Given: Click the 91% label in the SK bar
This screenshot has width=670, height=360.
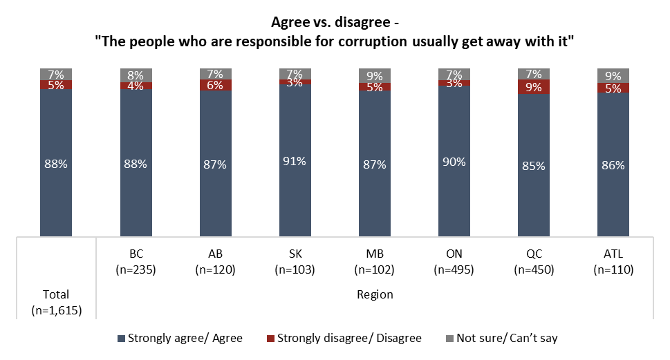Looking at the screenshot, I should (295, 161).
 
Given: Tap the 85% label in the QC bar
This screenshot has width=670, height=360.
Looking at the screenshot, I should (534, 166).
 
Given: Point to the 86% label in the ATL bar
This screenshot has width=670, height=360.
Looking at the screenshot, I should (613, 165).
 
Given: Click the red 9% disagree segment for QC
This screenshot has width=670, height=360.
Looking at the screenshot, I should (534, 87).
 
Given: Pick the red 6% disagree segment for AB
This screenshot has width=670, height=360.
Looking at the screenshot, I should (215, 85).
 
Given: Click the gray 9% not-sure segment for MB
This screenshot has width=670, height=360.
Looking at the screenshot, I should (374, 75).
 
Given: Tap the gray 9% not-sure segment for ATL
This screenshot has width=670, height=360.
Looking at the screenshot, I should (613, 75).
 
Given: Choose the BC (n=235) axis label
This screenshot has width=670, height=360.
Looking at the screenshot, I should (136, 262).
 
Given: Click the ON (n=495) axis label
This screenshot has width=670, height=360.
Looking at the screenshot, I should (454, 262).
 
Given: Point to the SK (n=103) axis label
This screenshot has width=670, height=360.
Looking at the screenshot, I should (295, 262).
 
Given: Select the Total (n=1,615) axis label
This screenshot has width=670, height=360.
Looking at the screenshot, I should (56, 302).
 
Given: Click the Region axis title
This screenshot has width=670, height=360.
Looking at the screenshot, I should (375, 294).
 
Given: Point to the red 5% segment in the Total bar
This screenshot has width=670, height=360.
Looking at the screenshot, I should (56, 85).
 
